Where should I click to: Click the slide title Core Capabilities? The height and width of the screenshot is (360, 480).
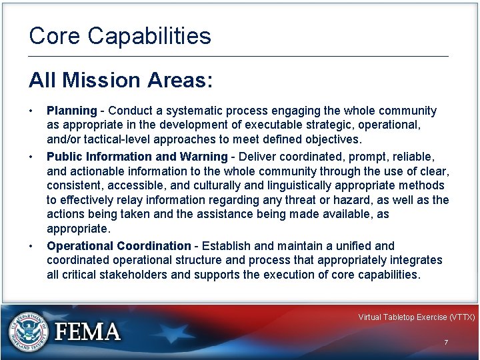pos(120,36)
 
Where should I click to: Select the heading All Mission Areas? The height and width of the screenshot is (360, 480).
pos(121,81)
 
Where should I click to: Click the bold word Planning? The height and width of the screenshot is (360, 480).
pos(71,111)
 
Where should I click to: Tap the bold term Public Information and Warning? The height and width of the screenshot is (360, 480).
pos(137,156)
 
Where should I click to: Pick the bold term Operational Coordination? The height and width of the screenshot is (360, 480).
pos(119,245)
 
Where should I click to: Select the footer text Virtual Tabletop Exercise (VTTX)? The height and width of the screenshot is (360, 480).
pos(416,317)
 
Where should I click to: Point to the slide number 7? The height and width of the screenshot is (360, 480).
pos(446,343)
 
